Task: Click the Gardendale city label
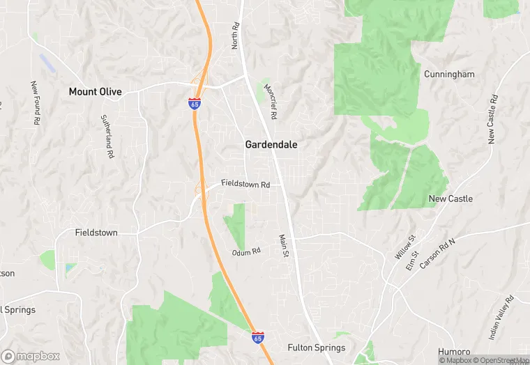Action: pos(271,145)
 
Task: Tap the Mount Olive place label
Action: pos(95,91)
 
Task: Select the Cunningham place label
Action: pos(449,74)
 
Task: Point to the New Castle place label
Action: pos(450,199)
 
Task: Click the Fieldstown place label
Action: pos(96,233)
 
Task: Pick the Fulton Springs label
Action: pos(317,348)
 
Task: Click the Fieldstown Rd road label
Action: pos(245,185)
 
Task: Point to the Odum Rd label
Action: pos(247,251)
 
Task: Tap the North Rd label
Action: pos(236,35)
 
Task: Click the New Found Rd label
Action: pos(34,102)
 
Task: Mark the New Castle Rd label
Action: pos(492,119)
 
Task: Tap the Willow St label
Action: pos(404,247)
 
